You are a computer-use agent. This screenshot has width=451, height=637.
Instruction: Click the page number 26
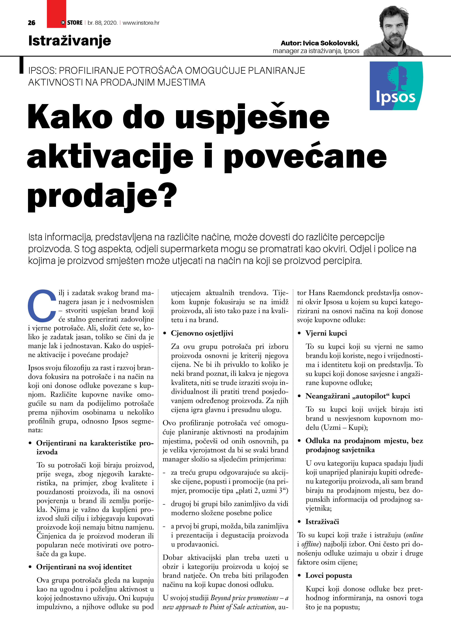31,23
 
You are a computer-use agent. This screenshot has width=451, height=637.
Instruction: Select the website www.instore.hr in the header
141,23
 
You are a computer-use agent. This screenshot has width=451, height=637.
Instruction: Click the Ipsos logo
396,86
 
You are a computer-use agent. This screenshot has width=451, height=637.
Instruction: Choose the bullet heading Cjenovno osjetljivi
202,333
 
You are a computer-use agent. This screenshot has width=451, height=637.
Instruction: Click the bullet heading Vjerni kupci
326,333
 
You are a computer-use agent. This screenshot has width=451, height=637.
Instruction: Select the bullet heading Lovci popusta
329,575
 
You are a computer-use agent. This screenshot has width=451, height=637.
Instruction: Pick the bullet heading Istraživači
322,522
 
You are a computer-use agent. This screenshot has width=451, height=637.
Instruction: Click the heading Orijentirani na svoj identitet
84,567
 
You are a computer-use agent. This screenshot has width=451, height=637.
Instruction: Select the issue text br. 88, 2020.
103,23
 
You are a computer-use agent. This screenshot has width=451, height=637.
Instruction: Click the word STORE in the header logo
75,23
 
